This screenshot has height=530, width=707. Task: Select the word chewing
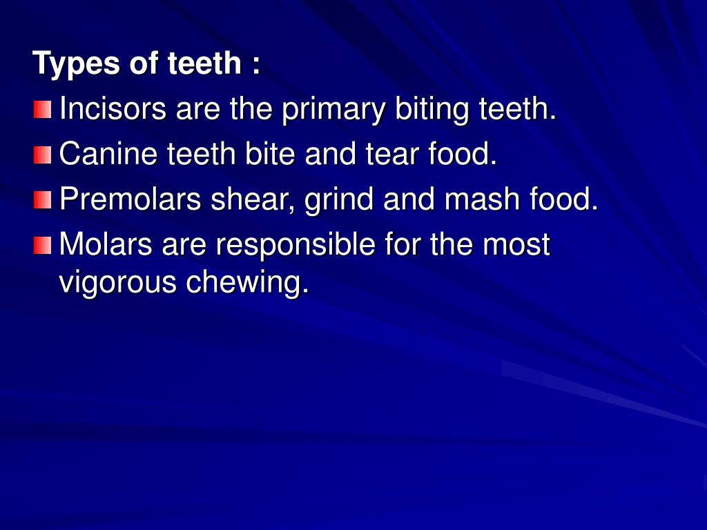click(246, 283)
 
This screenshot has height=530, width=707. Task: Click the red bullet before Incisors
click(42, 109)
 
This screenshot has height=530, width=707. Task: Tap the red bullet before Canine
click(42, 155)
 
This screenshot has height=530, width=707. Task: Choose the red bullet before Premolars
click(42, 199)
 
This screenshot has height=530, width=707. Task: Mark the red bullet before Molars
click(42, 244)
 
